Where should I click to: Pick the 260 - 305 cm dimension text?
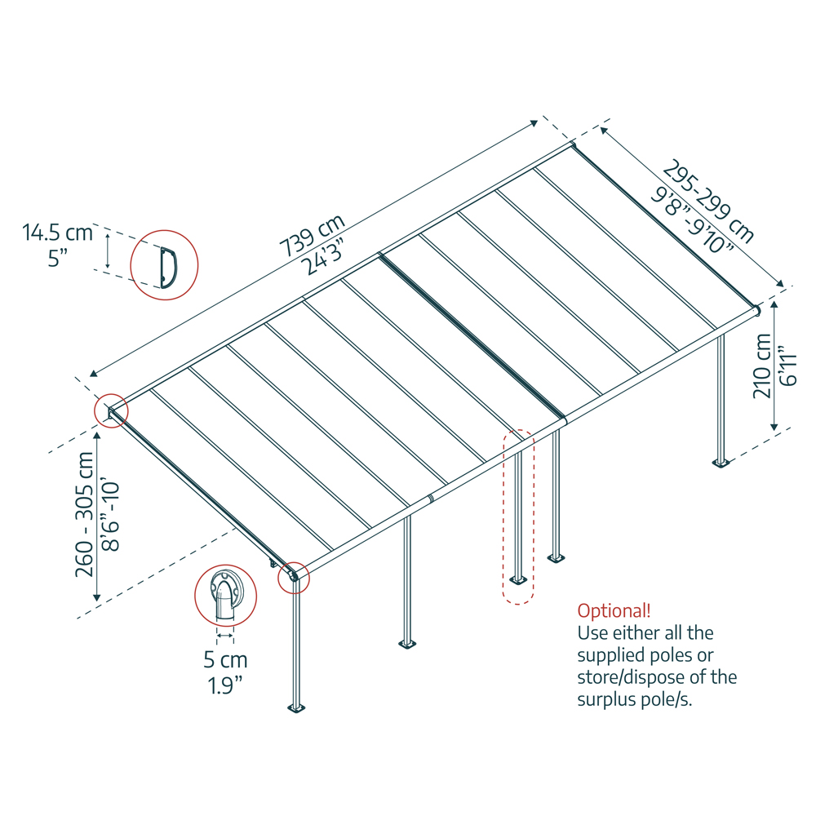(84, 515)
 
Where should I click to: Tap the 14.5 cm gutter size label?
(57, 233)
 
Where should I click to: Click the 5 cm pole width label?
(224, 659)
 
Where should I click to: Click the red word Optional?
(614, 610)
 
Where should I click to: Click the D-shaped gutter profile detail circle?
(165, 264)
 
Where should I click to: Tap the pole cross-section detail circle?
(225, 595)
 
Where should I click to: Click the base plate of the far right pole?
(721, 463)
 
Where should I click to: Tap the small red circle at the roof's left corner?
(111, 410)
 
